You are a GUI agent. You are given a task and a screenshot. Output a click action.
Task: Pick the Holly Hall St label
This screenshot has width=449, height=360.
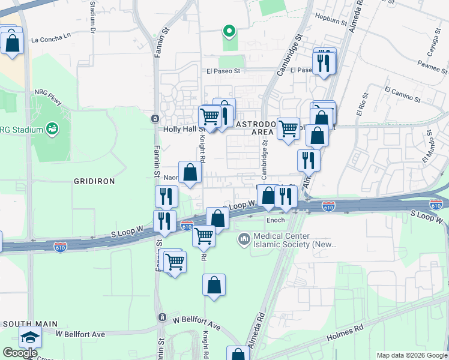point(181,128)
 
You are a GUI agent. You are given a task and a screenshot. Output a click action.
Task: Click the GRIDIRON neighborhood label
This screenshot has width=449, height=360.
point(94,180)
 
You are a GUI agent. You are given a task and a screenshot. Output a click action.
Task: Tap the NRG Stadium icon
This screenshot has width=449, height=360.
point(53,128)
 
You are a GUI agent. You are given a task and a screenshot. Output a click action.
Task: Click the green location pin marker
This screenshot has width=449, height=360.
point(228,31)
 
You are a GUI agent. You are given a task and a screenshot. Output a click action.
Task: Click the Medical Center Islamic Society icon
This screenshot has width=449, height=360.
point(244,240)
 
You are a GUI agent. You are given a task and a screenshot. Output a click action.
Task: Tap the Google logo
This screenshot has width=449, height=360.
point(19,353)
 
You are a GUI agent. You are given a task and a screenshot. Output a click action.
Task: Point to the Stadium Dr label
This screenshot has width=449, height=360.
point(92,16)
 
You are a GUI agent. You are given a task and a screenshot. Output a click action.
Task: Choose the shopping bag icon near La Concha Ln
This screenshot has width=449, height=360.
point(11,42)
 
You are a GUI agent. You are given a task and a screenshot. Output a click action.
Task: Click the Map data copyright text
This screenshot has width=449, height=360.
point(411,355)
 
